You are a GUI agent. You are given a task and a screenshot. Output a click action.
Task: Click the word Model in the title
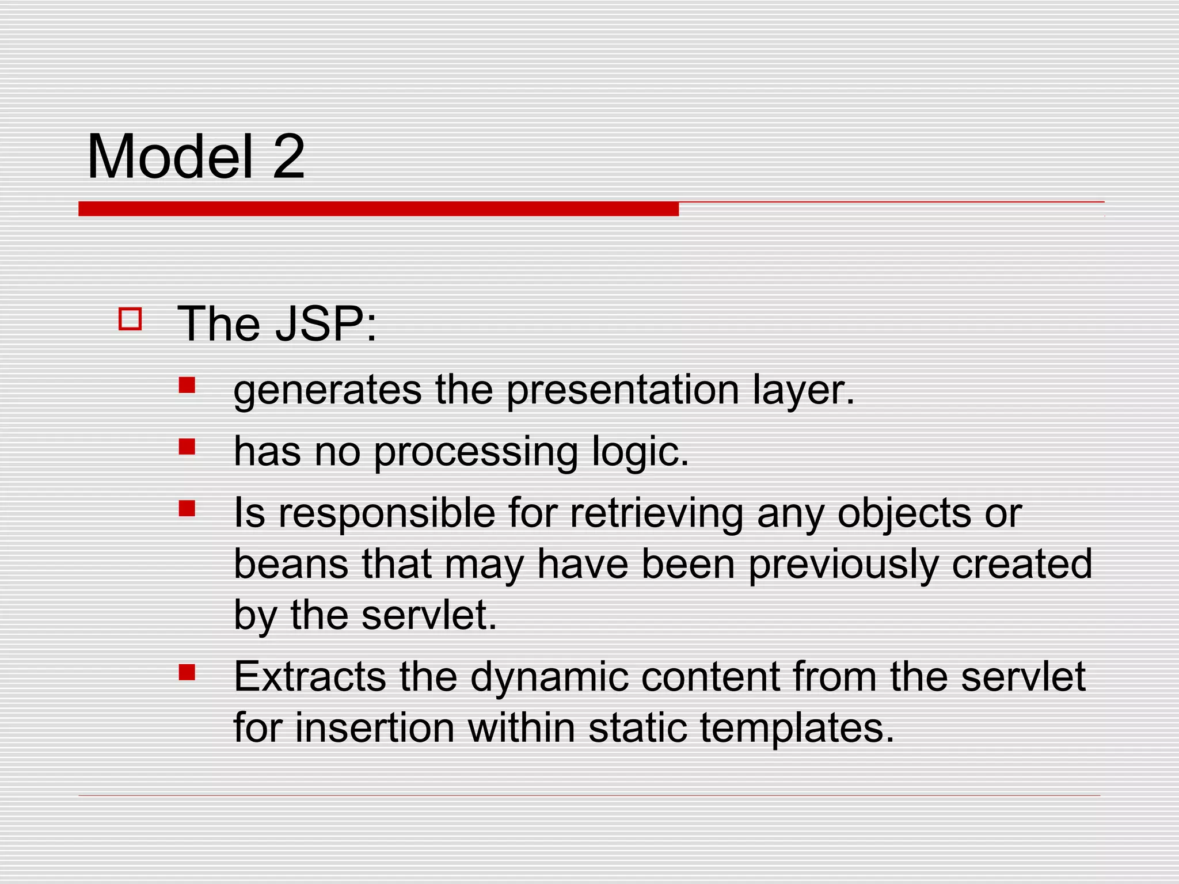[x=170, y=157]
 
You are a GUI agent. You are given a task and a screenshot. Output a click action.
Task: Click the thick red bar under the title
[x=378, y=209]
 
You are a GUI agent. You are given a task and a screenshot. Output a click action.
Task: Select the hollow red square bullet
[x=130, y=319]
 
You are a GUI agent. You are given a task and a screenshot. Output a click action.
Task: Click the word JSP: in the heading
[x=326, y=324]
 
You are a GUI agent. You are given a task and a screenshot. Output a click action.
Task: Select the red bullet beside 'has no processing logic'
[x=187, y=447]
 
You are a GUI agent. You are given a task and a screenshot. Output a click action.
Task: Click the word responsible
[x=387, y=513]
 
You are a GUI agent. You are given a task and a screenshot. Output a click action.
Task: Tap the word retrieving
[x=656, y=513]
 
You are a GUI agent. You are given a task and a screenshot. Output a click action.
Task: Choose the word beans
[x=291, y=564]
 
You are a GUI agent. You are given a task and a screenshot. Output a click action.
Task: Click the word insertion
[x=375, y=727]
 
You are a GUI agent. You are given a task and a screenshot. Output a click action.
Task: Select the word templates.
[x=797, y=729]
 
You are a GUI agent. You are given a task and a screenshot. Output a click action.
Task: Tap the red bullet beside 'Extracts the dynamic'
[x=187, y=672]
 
